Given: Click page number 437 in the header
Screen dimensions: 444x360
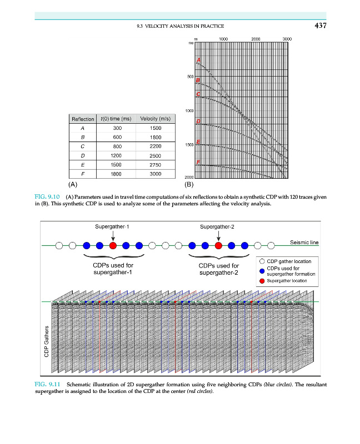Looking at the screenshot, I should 318,26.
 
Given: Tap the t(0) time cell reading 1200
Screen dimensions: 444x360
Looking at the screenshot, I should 116,156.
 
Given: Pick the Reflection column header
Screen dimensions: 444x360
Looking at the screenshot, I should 82,119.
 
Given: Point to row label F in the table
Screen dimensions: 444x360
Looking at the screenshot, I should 82,174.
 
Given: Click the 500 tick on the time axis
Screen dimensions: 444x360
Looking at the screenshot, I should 190,77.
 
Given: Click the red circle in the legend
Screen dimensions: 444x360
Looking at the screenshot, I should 262,281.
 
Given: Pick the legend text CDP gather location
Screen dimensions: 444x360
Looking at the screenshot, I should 289,261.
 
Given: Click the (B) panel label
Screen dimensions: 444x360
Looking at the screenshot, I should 188,183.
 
